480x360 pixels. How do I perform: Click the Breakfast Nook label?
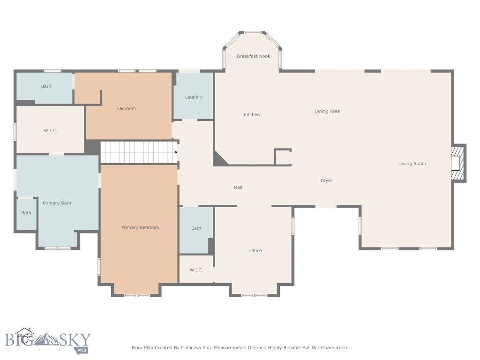253,56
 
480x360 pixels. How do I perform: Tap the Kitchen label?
252,115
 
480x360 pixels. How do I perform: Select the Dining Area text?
327,111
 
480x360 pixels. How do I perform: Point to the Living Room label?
412,164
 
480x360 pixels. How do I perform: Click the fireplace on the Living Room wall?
457,163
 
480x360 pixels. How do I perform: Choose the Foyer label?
326,180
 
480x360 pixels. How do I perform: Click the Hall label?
238,187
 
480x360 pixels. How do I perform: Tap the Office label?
255,251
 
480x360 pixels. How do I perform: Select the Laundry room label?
194,97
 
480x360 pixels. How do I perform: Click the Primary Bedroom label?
140,228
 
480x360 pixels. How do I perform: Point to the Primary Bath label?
57,203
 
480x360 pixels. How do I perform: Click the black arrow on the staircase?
176,152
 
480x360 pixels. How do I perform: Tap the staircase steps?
138,152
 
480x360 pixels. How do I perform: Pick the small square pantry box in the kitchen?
283,157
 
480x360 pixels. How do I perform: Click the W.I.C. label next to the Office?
196,270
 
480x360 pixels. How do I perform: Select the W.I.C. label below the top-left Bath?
50,131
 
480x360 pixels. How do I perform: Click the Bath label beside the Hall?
196,228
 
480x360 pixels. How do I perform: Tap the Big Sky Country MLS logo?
47,341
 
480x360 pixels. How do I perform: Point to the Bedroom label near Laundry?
126,109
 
